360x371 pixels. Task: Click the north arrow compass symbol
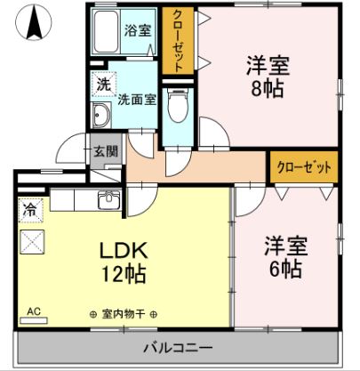[34, 22]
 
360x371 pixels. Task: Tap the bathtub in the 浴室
[105, 31]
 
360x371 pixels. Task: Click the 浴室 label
[138, 30]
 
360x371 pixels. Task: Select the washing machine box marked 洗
[103, 85]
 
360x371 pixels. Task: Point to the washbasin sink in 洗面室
[101, 116]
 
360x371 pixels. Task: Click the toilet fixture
[178, 105]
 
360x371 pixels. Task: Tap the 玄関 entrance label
[106, 151]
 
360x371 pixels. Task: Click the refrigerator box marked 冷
[31, 210]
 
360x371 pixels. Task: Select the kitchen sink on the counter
[109, 199]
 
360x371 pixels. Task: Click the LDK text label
[124, 251]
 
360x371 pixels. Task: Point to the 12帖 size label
[124, 274]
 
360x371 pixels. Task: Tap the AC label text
[34, 311]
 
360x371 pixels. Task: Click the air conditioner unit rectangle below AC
[34, 320]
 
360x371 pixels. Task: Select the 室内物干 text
[124, 314]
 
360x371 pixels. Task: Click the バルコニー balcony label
[178, 347]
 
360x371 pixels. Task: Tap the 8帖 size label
[268, 89]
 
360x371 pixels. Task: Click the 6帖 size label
[285, 269]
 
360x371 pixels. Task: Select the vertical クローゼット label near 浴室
[178, 41]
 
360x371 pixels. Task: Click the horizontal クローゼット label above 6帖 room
[304, 167]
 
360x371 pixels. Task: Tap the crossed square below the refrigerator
[32, 242]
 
